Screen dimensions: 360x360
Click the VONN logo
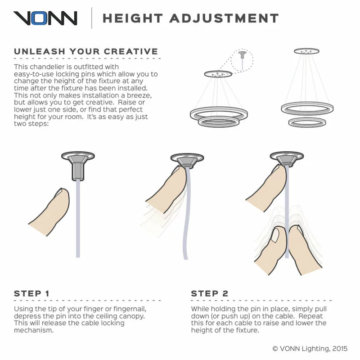coord(45,18)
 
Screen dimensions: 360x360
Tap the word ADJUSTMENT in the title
coord(224,18)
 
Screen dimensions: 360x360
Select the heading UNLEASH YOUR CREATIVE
coord(86,51)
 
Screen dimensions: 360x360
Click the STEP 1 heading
coord(31,293)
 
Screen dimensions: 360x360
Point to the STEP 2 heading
coord(210,293)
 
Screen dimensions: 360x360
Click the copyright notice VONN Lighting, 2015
coord(310,349)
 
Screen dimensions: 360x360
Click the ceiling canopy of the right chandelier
coord(306,51)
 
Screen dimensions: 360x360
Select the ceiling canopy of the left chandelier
coord(218,74)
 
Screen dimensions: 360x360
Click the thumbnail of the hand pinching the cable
coord(275,236)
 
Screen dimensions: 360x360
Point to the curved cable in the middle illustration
coord(186,213)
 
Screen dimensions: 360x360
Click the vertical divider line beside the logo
coord(92,18)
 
